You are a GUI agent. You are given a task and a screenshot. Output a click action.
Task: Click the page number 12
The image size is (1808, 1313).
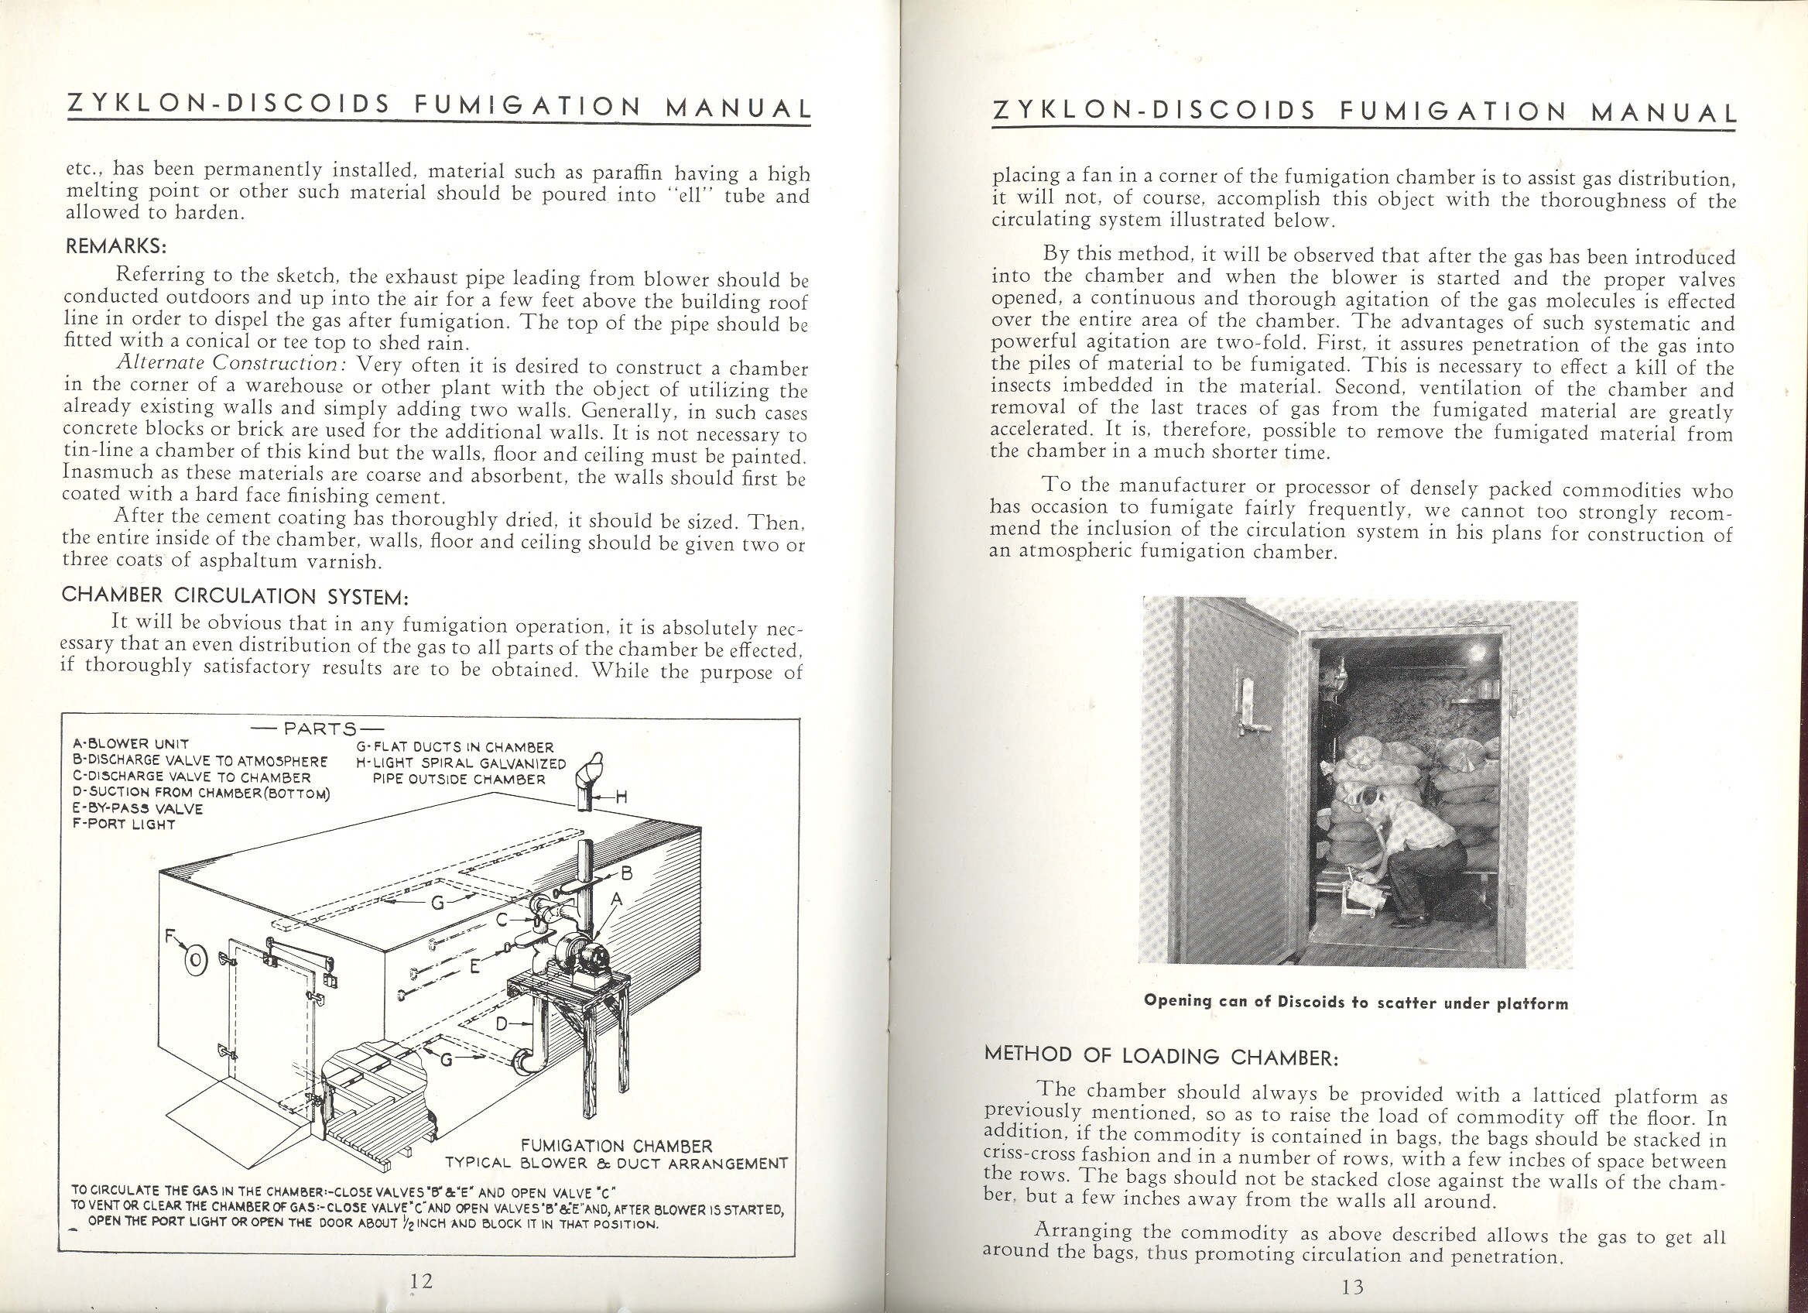421,1281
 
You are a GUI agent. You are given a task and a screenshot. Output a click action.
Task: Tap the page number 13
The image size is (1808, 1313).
1354,1287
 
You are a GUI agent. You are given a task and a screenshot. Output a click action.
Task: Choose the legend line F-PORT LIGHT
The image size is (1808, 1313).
124,824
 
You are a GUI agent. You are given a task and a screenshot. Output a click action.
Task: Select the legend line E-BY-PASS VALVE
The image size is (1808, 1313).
137,807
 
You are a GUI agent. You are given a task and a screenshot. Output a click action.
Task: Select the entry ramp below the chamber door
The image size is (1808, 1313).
243,1123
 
